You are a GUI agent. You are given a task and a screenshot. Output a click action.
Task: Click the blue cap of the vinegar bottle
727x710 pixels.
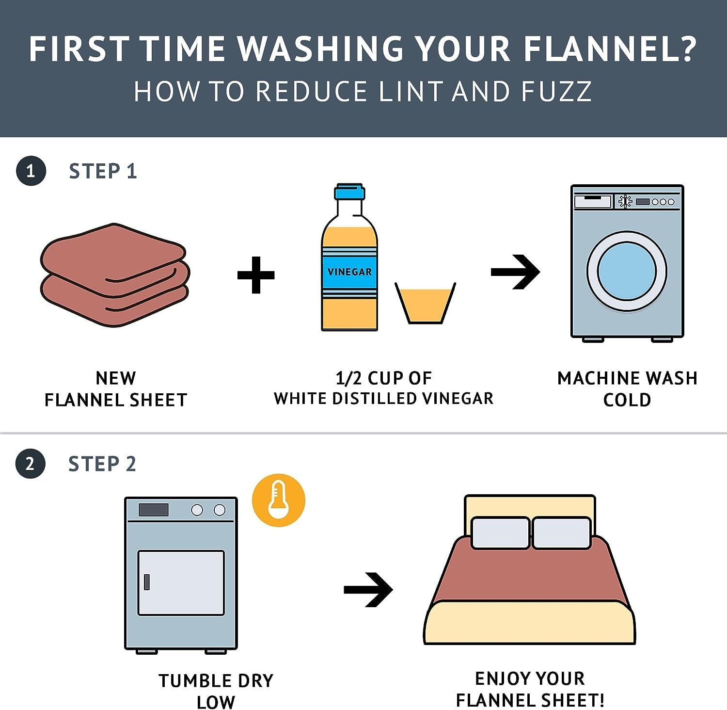pos(349,192)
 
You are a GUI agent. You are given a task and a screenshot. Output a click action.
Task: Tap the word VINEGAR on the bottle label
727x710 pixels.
pos(349,272)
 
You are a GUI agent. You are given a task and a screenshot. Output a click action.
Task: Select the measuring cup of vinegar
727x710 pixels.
pos(425,303)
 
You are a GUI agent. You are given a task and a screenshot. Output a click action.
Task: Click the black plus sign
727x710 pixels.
pos(256,275)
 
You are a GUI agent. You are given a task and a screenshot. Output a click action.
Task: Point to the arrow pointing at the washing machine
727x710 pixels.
pos(515,272)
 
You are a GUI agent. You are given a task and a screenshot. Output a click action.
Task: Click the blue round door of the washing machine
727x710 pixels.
pos(627,271)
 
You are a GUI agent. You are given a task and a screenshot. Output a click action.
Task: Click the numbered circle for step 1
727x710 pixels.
pos(31,171)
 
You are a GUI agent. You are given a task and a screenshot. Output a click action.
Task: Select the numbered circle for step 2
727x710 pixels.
pos(30,464)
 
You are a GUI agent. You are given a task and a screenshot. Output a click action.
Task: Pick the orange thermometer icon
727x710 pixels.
pos(279,500)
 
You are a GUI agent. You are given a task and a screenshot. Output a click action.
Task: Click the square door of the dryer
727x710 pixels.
pos(181,582)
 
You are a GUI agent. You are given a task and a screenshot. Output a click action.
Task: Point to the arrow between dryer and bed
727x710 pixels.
pos(368,590)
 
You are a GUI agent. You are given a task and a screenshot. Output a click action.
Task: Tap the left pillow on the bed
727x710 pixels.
pos(500,533)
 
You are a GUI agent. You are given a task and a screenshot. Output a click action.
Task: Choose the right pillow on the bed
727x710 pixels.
pos(561,533)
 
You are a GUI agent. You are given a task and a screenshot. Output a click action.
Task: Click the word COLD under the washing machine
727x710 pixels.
pos(627,400)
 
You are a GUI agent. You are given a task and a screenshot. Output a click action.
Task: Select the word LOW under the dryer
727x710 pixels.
pos(216,702)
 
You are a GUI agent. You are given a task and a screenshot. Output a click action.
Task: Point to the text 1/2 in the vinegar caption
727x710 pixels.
pos(348,378)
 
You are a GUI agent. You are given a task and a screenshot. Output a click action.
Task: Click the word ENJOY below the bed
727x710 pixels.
pos(500,678)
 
